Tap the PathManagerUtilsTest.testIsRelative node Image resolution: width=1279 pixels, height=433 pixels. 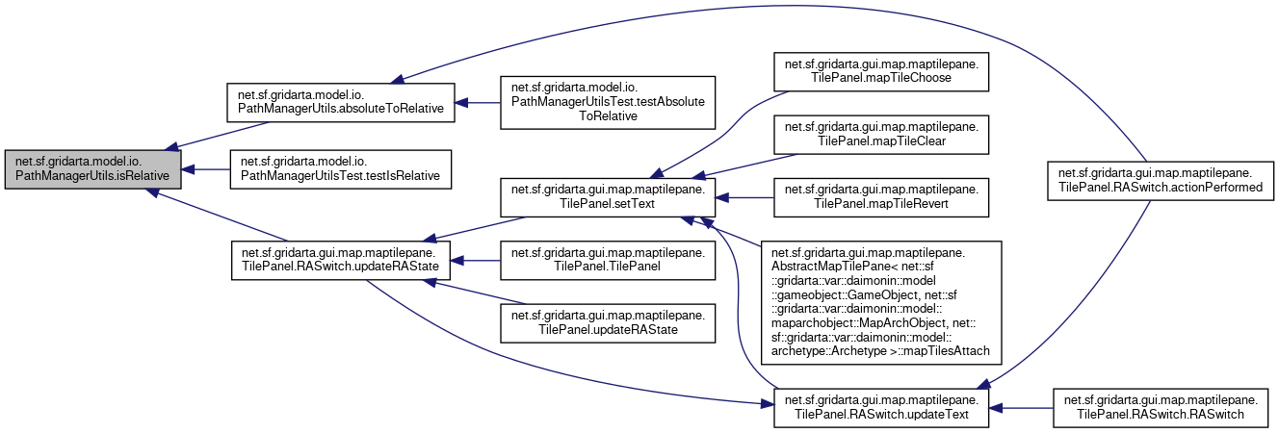pos(339,169)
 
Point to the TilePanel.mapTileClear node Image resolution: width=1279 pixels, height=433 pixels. pos(882,136)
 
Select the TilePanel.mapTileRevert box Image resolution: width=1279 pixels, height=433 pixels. pos(882,198)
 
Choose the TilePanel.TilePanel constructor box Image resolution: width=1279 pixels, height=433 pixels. pos(608,260)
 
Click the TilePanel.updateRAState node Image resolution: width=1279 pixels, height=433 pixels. pos(608,322)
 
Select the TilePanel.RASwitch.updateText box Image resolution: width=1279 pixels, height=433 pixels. pos(882,408)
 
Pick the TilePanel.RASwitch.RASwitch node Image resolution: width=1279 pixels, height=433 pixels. pos(1161,408)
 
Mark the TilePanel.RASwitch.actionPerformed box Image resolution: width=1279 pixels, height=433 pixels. pos(1161,180)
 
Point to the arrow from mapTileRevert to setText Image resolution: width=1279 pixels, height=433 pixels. pos(745,198)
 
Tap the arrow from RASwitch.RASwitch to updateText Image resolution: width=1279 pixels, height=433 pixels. pos(1021,408)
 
